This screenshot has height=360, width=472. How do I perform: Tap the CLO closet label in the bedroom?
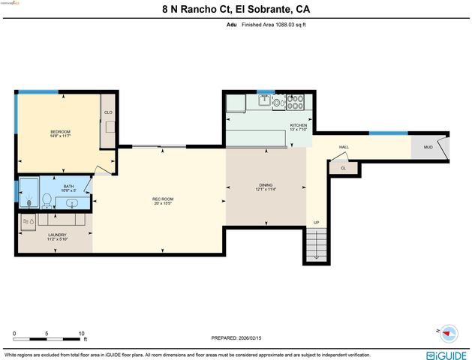pyautogui.click(x=108, y=112)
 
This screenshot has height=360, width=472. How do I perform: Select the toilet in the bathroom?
pyautogui.click(x=47, y=200)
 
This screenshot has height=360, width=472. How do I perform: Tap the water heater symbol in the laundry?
pyautogui.click(x=27, y=221)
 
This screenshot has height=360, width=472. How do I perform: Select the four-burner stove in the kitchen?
pyautogui.click(x=296, y=102)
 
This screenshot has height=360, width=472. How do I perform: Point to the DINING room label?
pyautogui.click(x=266, y=184)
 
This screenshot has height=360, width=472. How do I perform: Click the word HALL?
pyautogui.click(x=344, y=147)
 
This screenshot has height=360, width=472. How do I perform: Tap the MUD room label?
pyautogui.click(x=428, y=147)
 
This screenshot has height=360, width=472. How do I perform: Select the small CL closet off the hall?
pyautogui.click(x=343, y=168)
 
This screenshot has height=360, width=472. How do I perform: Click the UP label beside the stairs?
pyautogui.click(x=316, y=223)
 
